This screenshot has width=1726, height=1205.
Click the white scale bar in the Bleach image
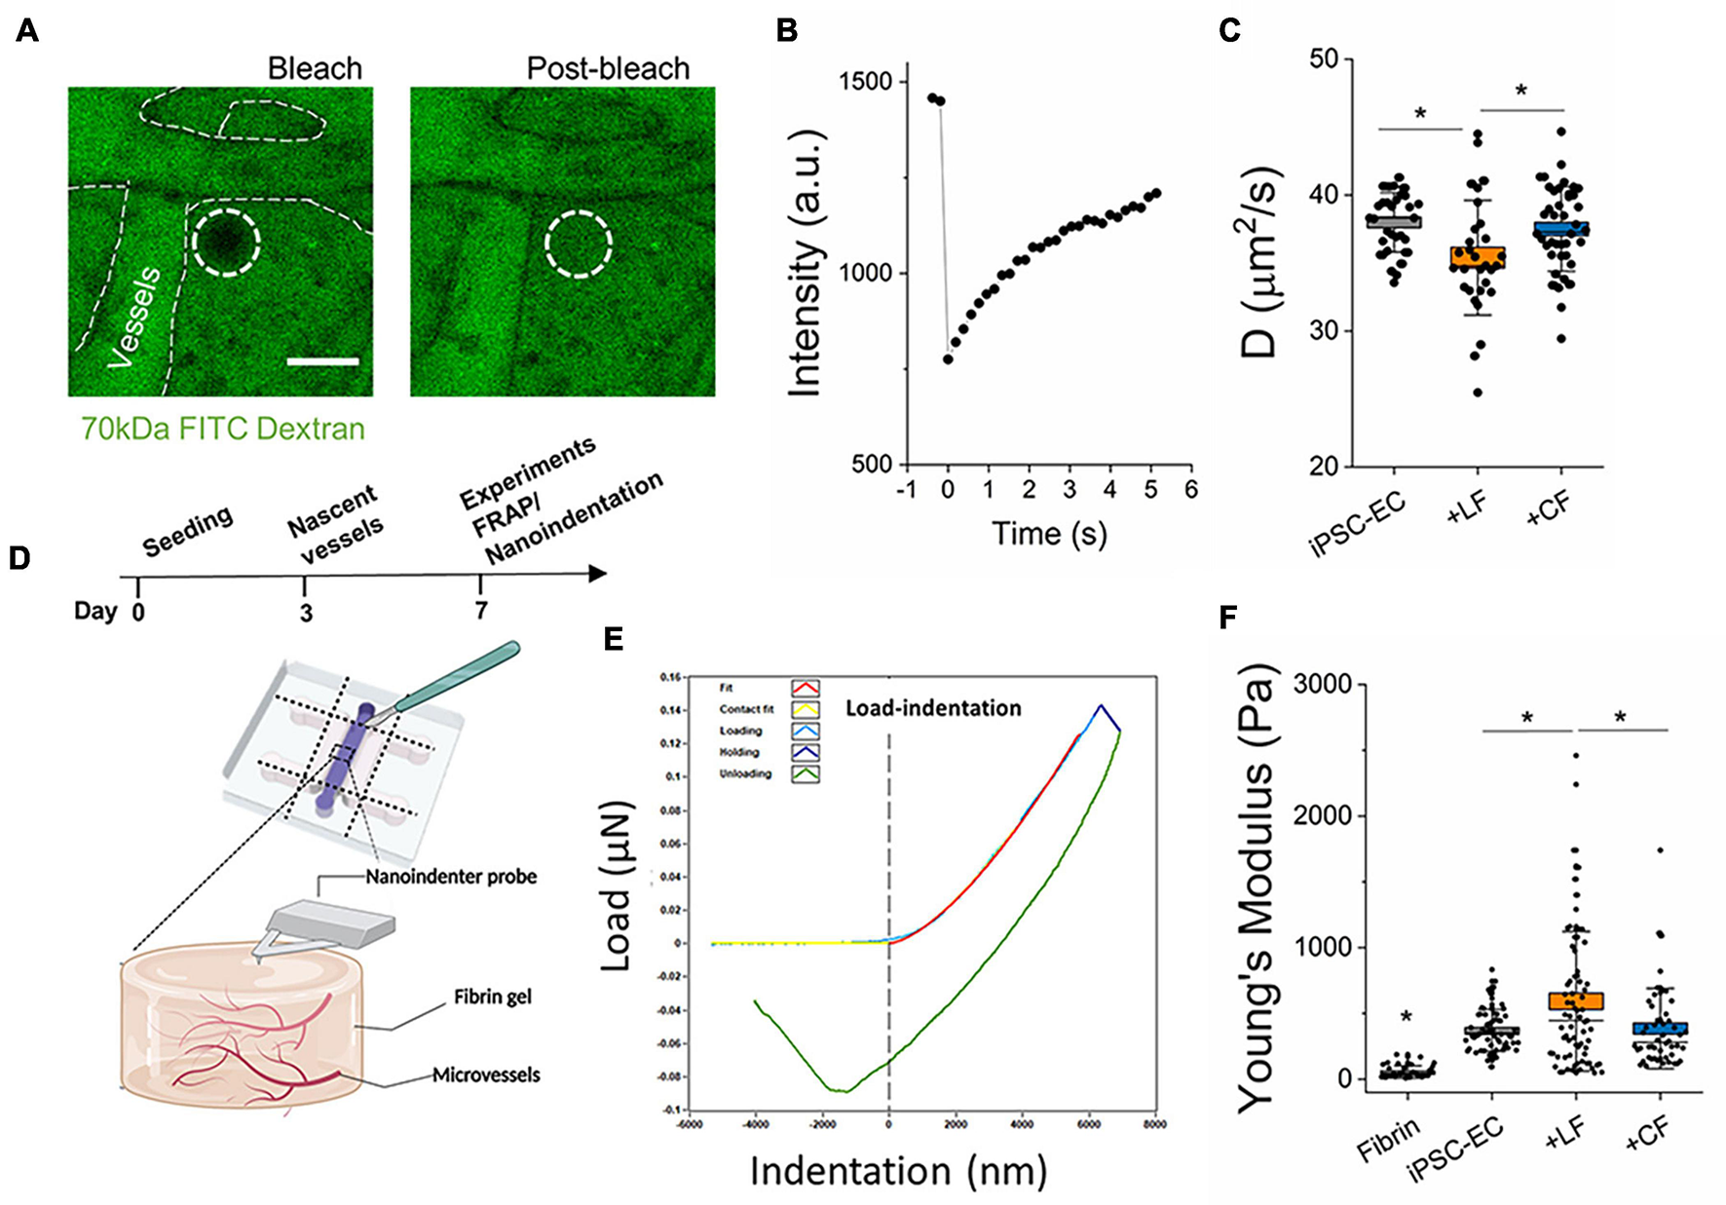click(322, 361)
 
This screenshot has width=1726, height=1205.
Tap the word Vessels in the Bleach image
click(135, 318)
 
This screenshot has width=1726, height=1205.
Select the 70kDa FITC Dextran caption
click(222, 429)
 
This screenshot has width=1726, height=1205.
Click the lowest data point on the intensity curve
click(948, 359)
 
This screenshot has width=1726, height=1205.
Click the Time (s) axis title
click(1049, 534)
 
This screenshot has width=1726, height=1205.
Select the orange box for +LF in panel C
click(1478, 258)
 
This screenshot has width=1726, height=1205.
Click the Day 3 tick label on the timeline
click(306, 613)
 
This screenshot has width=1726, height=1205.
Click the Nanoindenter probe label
click(451, 877)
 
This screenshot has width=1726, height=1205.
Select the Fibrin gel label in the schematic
click(492, 998)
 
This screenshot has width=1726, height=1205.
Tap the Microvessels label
click(485, 1075)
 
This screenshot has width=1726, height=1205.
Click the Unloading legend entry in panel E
click(746, 773)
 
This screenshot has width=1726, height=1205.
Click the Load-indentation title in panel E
click(932, 708)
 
